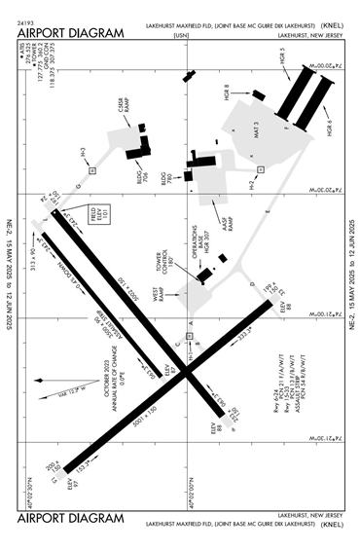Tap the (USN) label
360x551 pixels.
click(x=180, y=34)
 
